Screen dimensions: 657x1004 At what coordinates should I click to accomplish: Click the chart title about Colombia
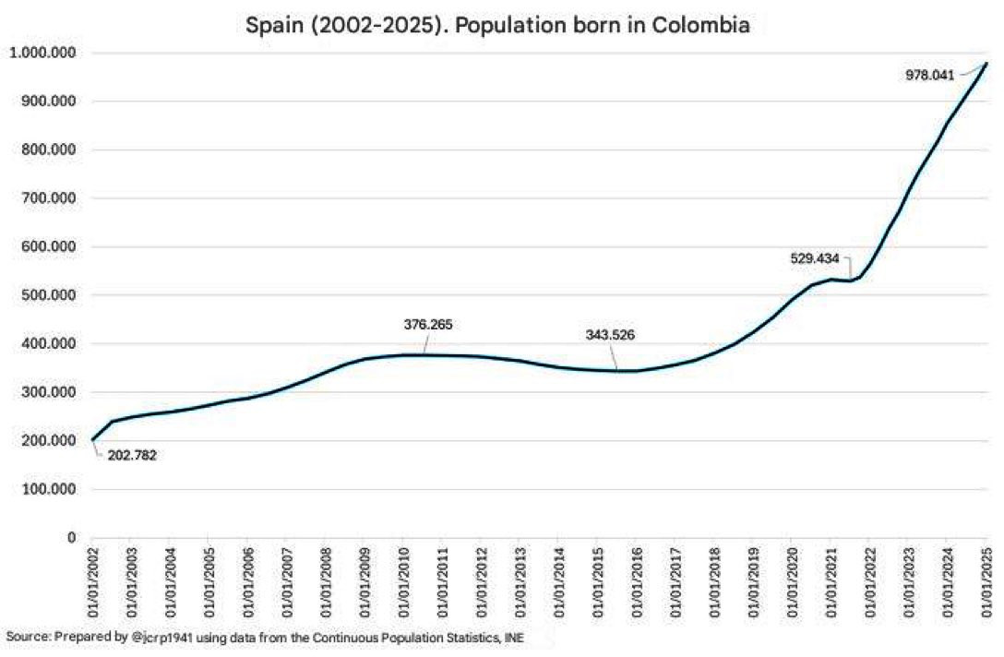497,25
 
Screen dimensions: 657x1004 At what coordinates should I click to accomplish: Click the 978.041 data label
929,76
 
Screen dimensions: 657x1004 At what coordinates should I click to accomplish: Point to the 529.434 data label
815,259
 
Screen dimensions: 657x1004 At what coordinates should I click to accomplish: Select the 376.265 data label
428,325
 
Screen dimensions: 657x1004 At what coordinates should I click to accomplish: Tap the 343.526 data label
610,334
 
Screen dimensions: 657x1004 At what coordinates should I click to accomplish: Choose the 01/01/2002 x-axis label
92,583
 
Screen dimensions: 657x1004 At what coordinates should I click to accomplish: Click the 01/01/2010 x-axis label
402,583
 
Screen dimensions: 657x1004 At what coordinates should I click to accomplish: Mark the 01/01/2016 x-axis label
635,583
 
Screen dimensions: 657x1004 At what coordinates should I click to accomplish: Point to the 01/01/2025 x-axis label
986,583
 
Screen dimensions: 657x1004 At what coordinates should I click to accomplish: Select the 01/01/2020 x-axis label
791,583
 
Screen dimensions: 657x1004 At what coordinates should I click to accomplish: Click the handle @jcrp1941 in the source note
143,637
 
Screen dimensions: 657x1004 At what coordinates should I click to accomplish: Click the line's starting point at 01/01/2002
92,439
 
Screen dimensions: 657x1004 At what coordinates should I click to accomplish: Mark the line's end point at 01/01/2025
986,64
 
